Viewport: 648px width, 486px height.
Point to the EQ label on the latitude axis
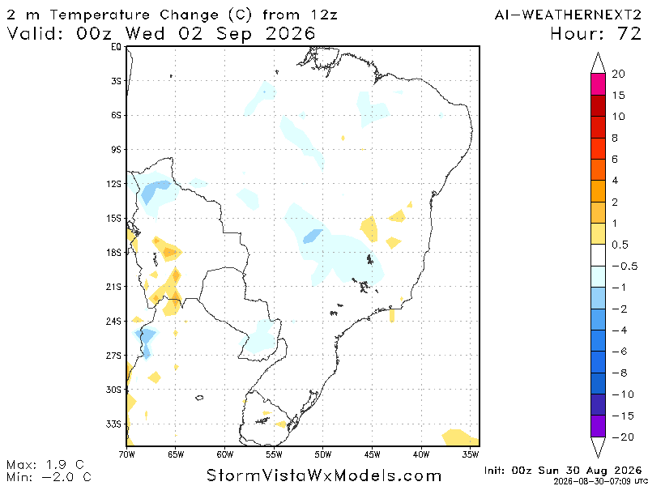(117, 47)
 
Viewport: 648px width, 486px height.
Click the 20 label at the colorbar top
(618, 75)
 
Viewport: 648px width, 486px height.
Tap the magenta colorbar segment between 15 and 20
(598, 85)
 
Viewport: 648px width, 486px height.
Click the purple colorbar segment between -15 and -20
(598, 426)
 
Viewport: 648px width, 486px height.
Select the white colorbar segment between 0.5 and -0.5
(598, 255)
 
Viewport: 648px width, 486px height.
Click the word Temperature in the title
(104, 15)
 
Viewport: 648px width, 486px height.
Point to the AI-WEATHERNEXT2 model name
(568, 15)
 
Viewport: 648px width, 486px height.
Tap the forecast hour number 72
(629, 34)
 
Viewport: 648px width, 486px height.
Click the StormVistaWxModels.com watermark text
(323, 475)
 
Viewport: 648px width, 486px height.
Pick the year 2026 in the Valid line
(290, 34)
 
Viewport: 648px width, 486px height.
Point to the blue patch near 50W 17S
(313, 237)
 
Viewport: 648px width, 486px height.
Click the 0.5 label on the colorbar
(619, 245)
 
